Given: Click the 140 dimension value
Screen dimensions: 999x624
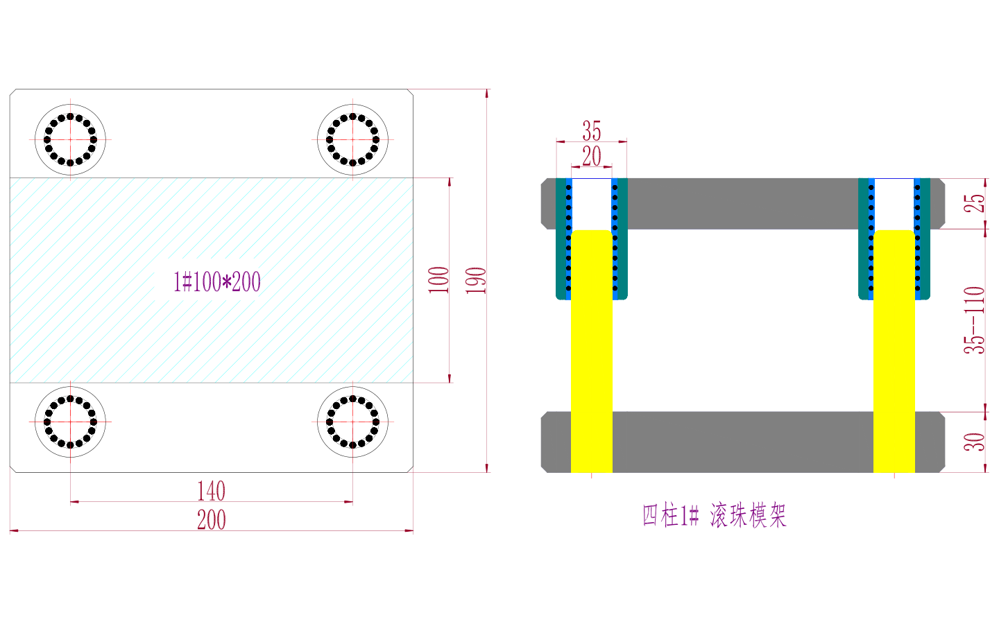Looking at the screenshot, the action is tap(211, 491).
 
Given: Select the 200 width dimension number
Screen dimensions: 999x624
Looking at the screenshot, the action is tap(212, 520).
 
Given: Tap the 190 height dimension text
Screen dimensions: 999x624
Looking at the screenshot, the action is tap(476, 280).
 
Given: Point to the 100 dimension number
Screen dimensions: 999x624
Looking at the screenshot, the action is tap(438, 280).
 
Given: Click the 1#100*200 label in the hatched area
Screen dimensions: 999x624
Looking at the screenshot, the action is tap(216, 281).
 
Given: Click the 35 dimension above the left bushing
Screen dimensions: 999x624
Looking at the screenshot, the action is tap(592, 130).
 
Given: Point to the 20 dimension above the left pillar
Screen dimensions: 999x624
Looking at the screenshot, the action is tap(592, 156).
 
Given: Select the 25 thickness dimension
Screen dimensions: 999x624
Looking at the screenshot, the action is tap(975, 203).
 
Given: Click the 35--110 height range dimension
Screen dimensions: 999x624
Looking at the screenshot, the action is tap(975, 320).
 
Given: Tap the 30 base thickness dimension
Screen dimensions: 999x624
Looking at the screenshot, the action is tap(975, 442).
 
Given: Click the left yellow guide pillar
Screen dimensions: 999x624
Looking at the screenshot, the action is tap(592, 352).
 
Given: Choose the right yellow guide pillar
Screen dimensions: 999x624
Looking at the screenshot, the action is tap(894, 352).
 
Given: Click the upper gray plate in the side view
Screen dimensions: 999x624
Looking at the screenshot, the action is tap(742, 204).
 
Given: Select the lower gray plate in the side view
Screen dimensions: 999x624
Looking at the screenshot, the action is tap(742, 442).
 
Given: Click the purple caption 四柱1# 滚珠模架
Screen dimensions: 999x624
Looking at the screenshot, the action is tap(714, 516).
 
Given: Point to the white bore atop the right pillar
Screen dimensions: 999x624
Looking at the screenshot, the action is tap(894, 204).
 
